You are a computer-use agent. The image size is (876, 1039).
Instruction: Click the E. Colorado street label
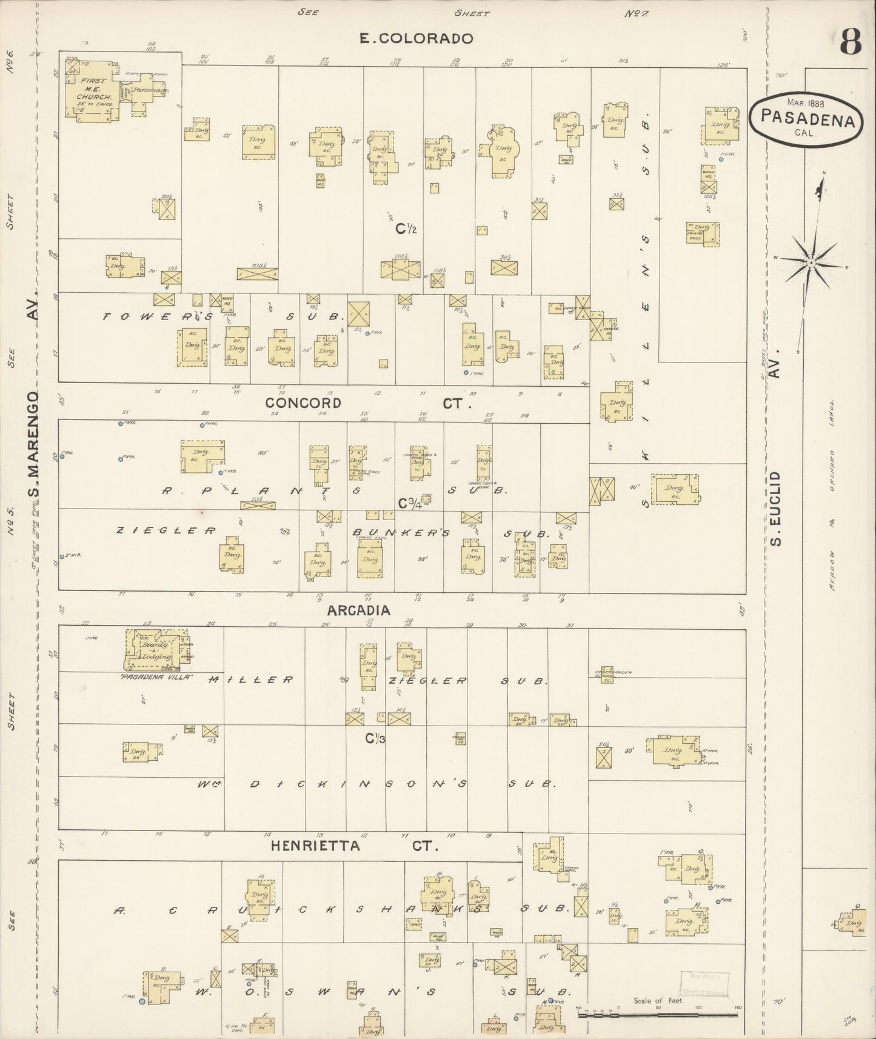[415, 39]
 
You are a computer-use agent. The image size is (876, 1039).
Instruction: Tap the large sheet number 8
[851, 42]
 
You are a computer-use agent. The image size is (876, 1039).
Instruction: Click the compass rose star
[810, 262]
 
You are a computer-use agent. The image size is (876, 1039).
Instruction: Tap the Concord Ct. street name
[362, 403]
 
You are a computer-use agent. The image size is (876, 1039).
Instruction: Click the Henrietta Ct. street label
[353, 846]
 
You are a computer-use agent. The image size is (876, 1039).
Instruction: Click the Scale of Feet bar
[659, 1014]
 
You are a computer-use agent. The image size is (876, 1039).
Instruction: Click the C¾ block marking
[409, 503]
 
